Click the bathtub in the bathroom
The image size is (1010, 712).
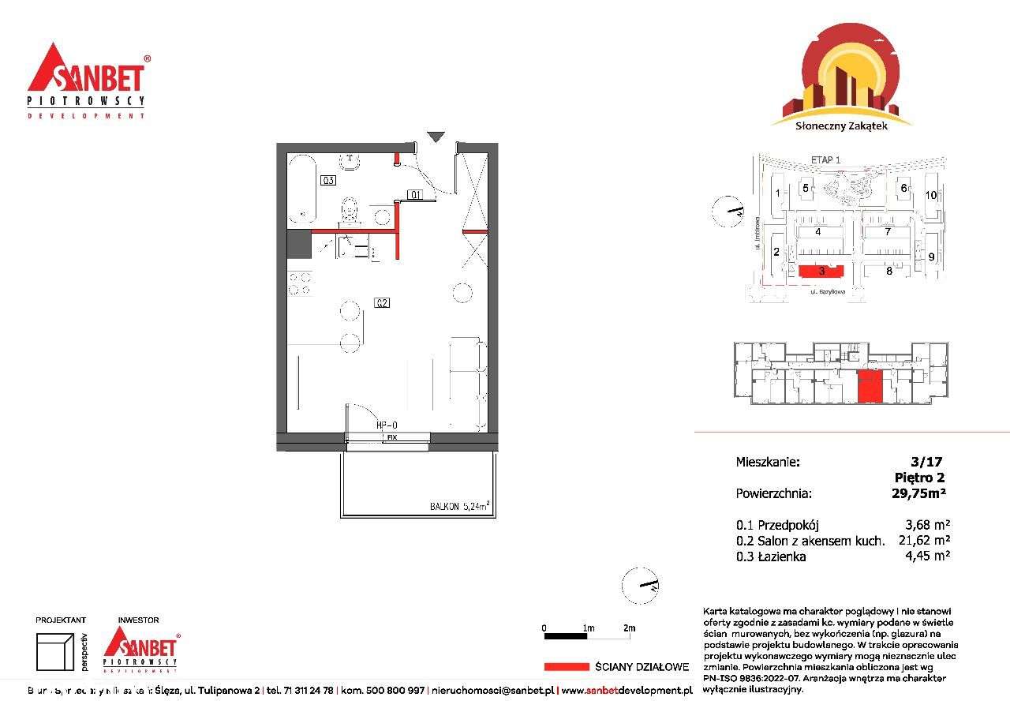click(x=301, y=189)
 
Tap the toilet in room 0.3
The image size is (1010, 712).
click(x=349, y=211)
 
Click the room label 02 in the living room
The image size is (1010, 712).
click(x=383, y=302)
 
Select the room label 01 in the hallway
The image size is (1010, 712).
click(x=415, y=194)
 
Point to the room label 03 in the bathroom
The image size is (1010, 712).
click(x=328, y=180)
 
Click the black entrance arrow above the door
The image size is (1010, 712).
click(x=436, y=137)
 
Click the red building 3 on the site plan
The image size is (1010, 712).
click(x=821, y=272)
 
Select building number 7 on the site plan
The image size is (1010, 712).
click(x=888, y=231)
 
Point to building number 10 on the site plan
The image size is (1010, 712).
click(x=931, y=194)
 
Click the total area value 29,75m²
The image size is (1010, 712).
click(x=918, y=493)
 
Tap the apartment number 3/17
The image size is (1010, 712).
click(x=926, y=462)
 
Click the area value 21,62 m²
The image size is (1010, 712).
click(x=924, y=541)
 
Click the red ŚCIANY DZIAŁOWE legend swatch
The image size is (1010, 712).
click(x=566, y=666)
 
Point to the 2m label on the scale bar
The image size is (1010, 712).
click(x=629, y=628)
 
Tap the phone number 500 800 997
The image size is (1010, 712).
click(x=397, y=691)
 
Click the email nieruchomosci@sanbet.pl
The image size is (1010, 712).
click(x=493, y=691)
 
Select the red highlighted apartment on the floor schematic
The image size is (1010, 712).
click(x=870, y=387)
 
